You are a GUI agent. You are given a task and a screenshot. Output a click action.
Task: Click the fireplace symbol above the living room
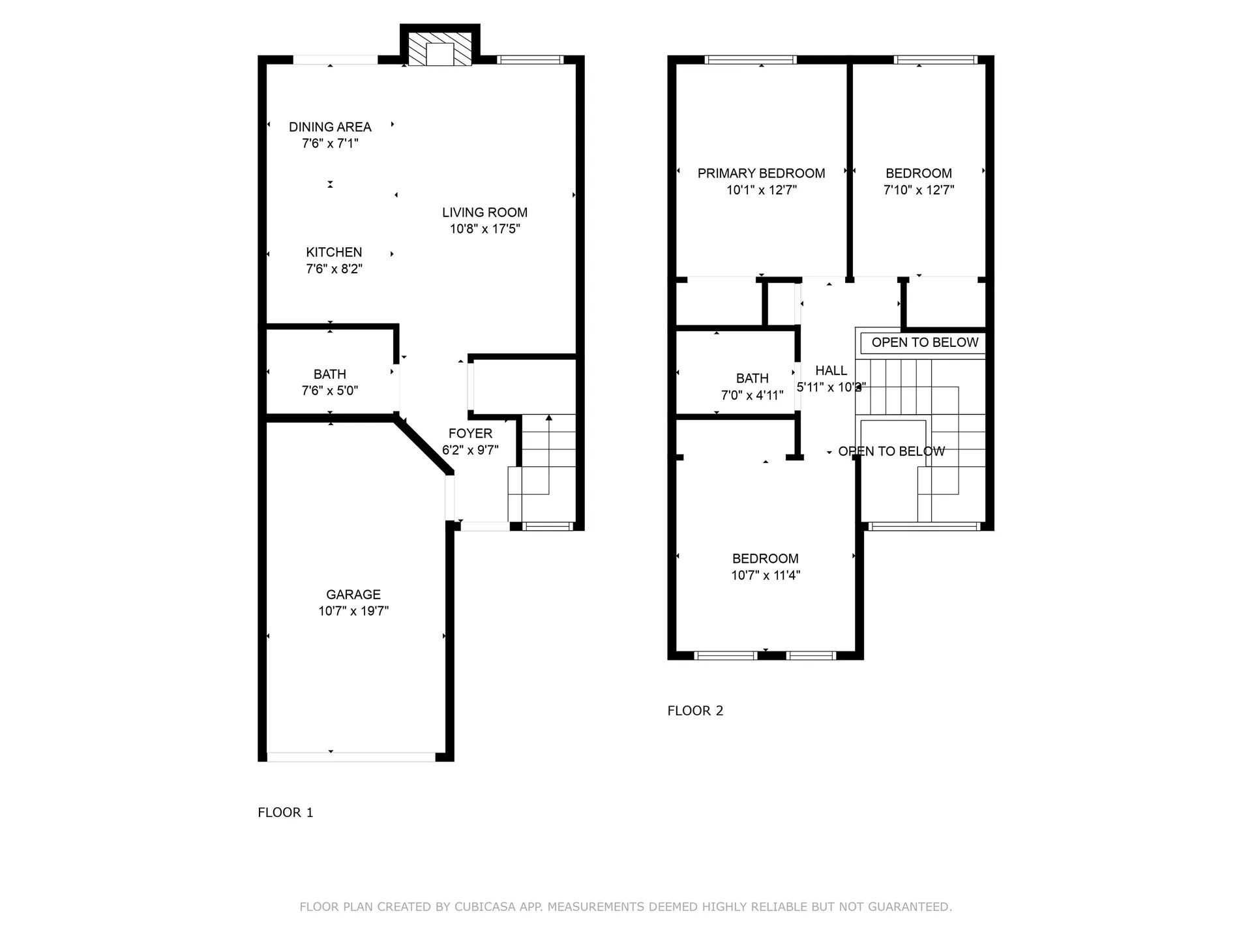pos(440,50)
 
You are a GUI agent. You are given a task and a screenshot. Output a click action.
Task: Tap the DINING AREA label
pos(330,127)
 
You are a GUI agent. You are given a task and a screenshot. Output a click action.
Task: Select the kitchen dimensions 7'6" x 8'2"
pos(334,269)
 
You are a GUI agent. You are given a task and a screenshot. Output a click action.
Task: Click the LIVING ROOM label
pos(484,213)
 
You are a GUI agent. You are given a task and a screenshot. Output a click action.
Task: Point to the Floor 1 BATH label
pos(329,374)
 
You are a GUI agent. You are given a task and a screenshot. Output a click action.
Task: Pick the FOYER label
pos(470,434)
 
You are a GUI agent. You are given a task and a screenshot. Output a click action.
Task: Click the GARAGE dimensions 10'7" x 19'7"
pos(353,611)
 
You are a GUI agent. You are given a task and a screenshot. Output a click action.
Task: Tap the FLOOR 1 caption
pos(286,812)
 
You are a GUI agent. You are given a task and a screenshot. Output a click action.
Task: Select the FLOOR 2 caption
pos(695,711)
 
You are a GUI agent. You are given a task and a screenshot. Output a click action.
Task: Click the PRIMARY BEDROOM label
pos(761,173)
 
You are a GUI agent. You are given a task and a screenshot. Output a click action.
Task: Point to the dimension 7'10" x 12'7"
pos(918,190)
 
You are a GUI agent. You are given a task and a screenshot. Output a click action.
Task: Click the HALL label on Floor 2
pos(831,370)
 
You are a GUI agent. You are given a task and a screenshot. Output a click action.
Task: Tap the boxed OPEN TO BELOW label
pos(924,342)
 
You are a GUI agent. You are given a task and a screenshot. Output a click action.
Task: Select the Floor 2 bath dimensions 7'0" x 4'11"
pos(752,395)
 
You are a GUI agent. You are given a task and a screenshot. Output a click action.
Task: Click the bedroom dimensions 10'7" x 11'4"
pos(765,575)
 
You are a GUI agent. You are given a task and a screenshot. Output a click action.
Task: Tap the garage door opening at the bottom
pos(351,757)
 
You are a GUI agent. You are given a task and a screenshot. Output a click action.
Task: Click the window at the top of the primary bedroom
pos(751,60)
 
